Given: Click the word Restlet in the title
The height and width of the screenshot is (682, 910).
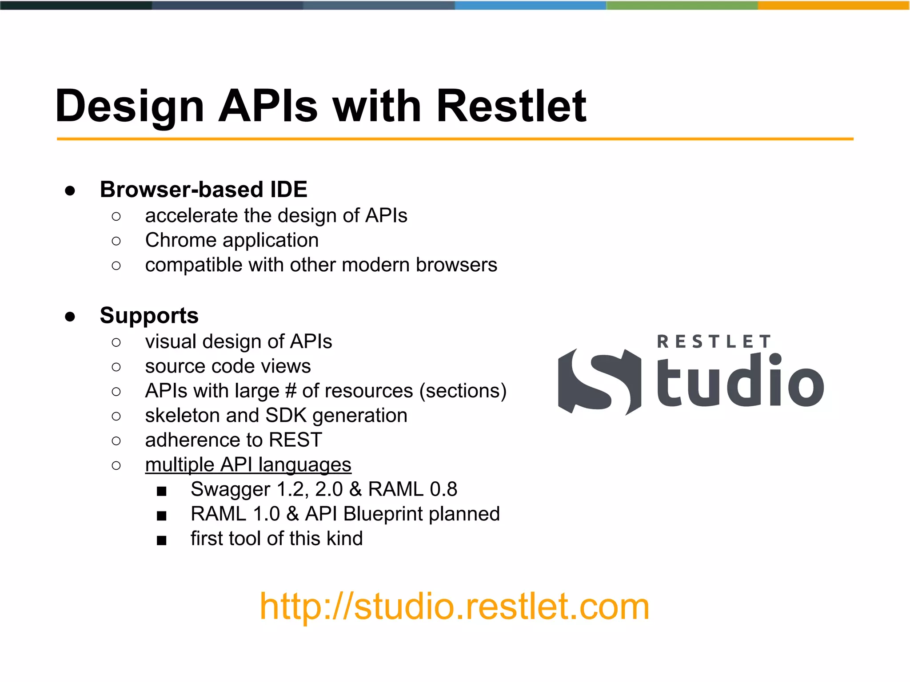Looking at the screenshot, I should pyautogui.click(x=511, y=107).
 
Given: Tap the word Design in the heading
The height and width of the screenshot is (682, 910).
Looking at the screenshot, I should pyautogui.click(x=129, y=107).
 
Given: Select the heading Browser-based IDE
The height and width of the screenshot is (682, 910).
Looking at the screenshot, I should pyautogui.click(x=204, y=190).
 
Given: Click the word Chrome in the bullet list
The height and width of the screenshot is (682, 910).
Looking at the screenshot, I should pyautogui.click(x=180, y=240).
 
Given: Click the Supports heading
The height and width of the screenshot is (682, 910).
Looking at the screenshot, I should pyautogui.click(x=149, y=316).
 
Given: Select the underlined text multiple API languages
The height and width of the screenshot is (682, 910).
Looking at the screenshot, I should pyautogui.click(x=248, y=465).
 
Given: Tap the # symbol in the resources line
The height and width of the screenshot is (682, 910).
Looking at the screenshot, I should pyautogui.click(x=291, y=391).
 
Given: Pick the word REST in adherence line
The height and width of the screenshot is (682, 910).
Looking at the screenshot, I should pyautogui.click(x=295, y=440).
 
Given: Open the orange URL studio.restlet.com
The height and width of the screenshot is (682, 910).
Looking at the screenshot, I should pyautogui.click(x=454, y=607).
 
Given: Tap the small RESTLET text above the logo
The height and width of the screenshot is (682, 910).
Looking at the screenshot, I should pyautogui.click(x=714, y=342).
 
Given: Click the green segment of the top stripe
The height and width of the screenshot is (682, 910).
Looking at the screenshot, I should pyautogui.click(x=682, y=5).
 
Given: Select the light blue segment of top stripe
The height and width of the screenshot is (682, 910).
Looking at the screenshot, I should pyautogui.click(x=530, y=5).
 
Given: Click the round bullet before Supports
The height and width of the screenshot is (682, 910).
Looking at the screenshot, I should pyautogui.click(x=70, y=317).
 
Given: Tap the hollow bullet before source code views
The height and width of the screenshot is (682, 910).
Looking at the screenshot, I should pyautogui.click(x=116, y=367).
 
